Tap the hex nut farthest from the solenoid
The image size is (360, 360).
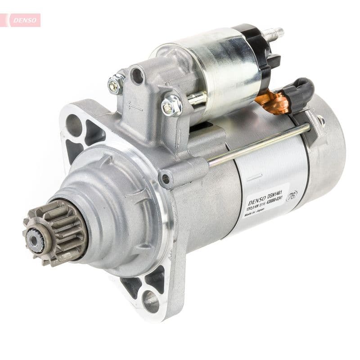pyautogui.click(x=116, y=84)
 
